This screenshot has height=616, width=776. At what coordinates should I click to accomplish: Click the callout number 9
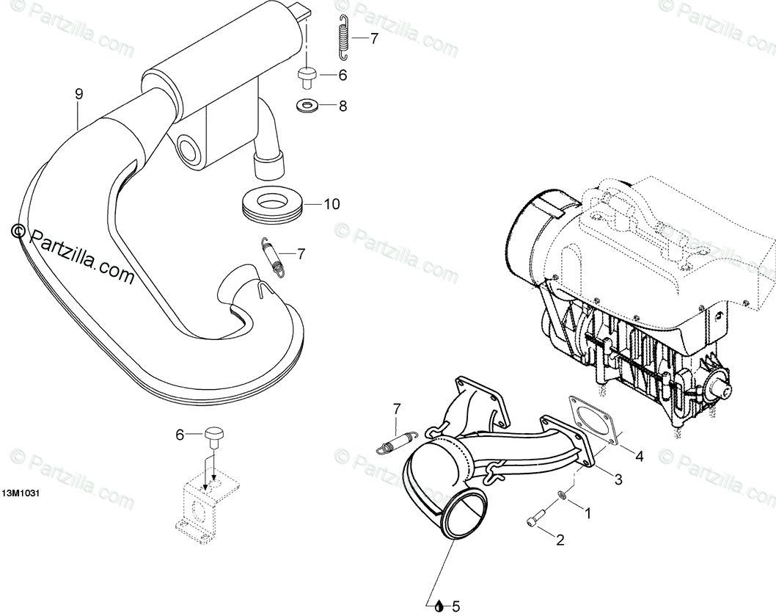tap(78, 93)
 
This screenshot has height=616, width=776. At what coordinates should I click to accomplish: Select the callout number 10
tap(332, 204)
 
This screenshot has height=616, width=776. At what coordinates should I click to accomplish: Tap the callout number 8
tap(342, 106)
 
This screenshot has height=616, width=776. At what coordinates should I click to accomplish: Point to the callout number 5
tap(455, 606)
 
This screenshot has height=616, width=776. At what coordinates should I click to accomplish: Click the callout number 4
tap(639, 456)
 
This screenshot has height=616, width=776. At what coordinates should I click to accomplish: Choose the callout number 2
tap(560, 540)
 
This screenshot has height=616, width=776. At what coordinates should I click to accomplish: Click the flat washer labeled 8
tap(307, 106)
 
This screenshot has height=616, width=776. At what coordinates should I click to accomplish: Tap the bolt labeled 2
tap(535, 520)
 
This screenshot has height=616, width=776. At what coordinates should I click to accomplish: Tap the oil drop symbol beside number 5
tap(439, 606)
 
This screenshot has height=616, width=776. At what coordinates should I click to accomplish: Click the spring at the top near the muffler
tap(343, 36)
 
